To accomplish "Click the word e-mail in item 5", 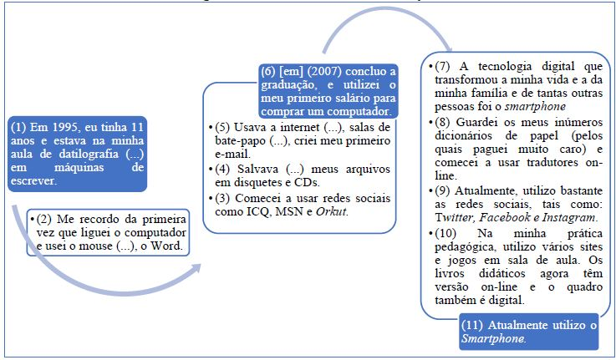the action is point(232,154).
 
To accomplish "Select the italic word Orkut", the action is point(332,211).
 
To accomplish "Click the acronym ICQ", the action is point(258,211).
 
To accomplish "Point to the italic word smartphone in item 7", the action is point(535,107).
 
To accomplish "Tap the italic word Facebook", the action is point(504,217).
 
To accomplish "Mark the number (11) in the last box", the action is point(472,325).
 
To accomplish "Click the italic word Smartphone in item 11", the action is point(493,338).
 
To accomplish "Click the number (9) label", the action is point(442,190).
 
